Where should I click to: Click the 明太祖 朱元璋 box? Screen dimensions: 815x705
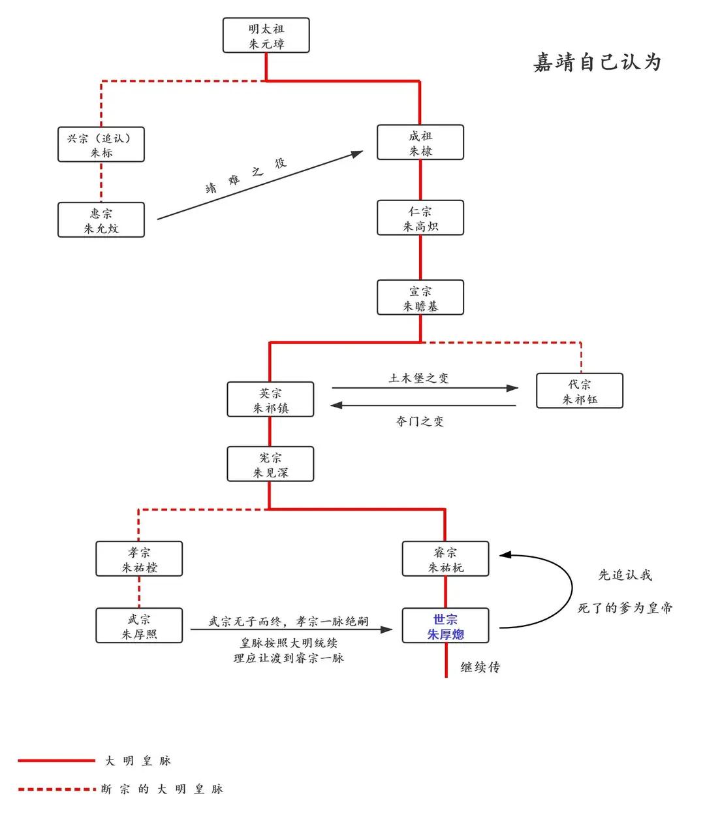point(266,36)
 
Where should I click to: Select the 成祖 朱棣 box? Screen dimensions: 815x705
point(420,143)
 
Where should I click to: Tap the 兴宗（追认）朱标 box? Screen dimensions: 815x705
point(101,145)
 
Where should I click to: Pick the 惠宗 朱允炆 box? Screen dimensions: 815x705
point(101,221)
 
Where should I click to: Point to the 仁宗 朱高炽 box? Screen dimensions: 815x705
point(420,219)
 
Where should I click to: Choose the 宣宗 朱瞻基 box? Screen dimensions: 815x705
point(420,298)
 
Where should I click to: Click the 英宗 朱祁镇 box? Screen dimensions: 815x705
point(270,400)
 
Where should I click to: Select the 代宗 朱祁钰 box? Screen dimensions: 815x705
point(580,391)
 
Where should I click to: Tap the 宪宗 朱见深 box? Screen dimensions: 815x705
point(270,465)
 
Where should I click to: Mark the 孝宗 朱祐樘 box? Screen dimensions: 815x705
point(139,560)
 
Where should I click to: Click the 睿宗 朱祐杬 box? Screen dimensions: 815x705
point(446,560)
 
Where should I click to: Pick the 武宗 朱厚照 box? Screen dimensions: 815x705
point(139,626)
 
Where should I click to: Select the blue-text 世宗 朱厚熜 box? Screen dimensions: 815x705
point(446,626)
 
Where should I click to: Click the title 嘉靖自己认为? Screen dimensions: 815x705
point(597,62)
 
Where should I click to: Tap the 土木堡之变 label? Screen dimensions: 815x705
point(418,378)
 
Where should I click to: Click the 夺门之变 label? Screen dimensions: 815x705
point(419,422)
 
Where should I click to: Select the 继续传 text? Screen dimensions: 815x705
point(480,667)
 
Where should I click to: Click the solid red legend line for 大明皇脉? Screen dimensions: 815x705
point(56,761)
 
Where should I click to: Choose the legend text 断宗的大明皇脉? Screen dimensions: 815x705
point(163,790)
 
